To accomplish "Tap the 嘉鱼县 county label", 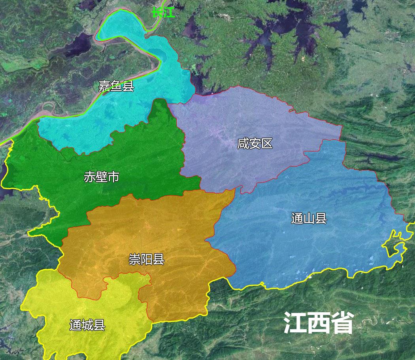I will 116,86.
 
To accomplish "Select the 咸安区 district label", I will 255,143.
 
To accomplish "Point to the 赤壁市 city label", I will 102,177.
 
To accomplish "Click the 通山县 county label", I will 309,218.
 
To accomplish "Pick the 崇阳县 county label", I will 146,259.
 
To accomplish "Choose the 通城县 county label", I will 87,325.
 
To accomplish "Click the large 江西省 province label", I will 318,323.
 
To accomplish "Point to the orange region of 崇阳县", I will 174,229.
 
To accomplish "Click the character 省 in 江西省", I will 341,323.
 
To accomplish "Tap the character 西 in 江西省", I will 318,323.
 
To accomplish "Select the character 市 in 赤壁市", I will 113,177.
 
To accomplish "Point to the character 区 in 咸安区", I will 267,143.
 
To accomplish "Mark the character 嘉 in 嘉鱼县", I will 104,86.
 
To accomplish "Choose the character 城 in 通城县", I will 87,325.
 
